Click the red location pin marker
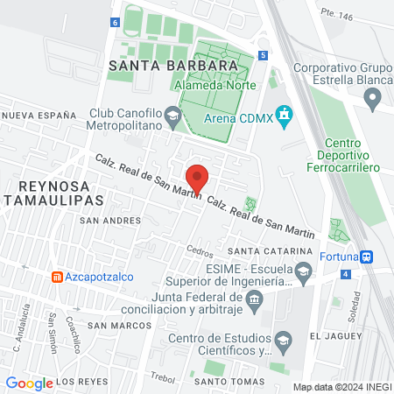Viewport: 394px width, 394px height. (x=198, y=178)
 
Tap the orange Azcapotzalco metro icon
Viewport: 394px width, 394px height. (x=58, y=277)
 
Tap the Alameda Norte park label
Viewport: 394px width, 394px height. (x=215, y=86)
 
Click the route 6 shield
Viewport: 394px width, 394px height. (x=114, y=23)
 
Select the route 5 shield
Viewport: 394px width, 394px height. (x=263, y=54)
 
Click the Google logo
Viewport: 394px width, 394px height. (x=29, y=383)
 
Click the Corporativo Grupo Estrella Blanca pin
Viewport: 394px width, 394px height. (x=374, y=102)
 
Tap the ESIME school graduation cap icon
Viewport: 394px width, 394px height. (x=303, y=273)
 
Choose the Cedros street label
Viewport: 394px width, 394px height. (x=200, y=250)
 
